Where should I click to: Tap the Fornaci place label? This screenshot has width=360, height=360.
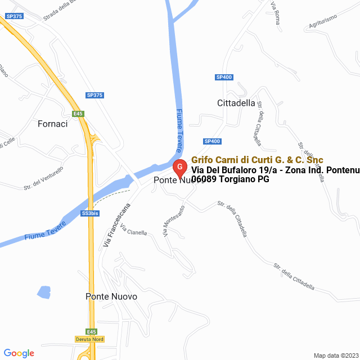coord(52,124)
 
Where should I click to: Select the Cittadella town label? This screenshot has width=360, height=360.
coord(236,103)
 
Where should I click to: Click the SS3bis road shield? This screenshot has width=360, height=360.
coord(90,214)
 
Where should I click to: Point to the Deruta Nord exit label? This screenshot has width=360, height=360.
coord(89,339)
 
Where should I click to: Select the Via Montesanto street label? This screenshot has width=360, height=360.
coord(174,220)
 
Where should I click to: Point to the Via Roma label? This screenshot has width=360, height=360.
coord(275,13)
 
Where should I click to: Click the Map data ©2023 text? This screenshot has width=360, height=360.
coord(335,355)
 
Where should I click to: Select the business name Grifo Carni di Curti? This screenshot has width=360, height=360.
coord(257,160)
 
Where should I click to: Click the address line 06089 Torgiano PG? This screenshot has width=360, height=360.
coord(230,179)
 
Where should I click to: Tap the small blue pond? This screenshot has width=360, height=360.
coord(43,292)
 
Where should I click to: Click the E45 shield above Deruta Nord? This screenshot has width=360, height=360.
coord(91,331)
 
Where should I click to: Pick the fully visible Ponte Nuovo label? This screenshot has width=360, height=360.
coord(111,296)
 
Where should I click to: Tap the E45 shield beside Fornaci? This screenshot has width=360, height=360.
coord(78,114)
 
